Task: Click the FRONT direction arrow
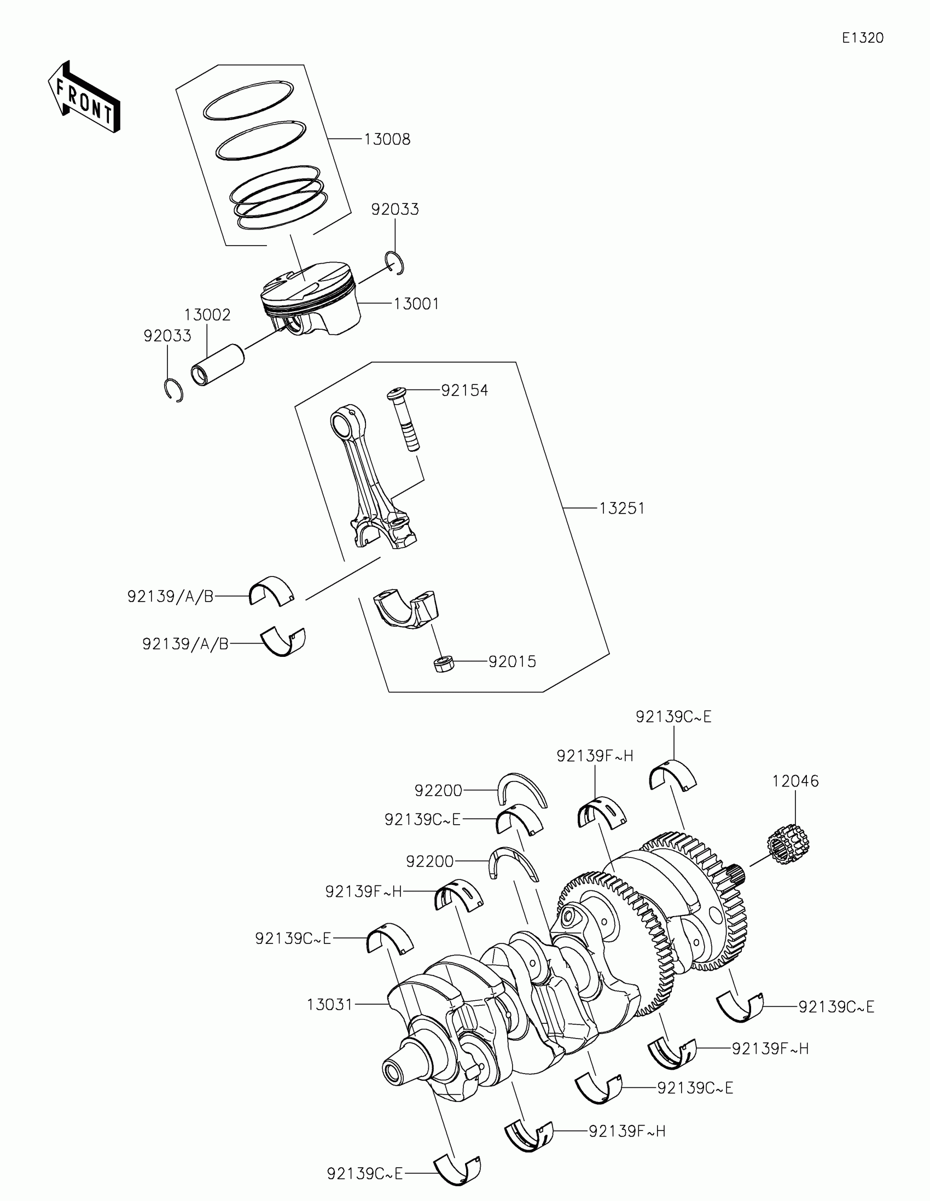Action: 84,97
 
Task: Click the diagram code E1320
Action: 862,38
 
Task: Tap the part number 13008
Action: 387,139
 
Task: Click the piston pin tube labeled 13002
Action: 217,365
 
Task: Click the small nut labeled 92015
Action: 443,664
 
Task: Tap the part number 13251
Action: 621,509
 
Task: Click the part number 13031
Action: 329,1005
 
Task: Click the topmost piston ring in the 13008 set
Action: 248,100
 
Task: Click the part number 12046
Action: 795,781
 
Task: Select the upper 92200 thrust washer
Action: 522,790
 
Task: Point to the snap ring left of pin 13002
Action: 175,389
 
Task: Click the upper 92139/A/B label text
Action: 170,597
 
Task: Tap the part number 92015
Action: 512,662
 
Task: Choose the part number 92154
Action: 464,390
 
